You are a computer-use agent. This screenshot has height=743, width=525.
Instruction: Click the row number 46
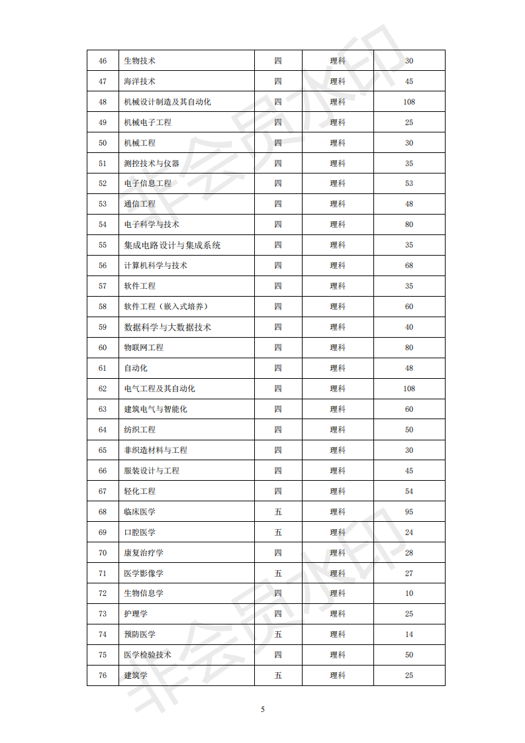103,61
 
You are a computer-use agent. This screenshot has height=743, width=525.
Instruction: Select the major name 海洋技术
140,81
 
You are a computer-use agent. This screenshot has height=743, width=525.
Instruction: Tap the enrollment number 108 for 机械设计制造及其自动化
409,102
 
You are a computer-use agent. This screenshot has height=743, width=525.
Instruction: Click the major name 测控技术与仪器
152,163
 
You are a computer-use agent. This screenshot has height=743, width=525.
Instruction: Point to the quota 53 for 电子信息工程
409,183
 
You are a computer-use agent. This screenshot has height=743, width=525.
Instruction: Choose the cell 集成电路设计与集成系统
172,245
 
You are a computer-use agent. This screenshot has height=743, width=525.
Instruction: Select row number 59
103,327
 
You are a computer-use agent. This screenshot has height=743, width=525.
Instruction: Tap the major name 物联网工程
144,348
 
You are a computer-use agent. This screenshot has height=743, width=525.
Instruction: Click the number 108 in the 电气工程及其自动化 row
409,389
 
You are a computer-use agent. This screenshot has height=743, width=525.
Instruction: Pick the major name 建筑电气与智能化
156,409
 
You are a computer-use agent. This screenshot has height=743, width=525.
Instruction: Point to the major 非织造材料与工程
156,450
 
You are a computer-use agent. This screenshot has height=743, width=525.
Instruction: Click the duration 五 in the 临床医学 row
278,512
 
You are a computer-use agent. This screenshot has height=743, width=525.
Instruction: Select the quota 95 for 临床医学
409,512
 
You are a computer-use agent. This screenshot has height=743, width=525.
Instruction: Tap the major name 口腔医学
140,532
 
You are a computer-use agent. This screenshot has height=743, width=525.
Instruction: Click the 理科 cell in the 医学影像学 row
338,573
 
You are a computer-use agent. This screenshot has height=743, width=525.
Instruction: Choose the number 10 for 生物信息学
409,593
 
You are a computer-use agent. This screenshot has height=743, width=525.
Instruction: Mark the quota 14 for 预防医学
409,634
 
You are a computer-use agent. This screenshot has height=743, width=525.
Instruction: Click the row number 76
103,675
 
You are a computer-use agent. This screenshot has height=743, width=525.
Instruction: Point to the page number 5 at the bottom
263,709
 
